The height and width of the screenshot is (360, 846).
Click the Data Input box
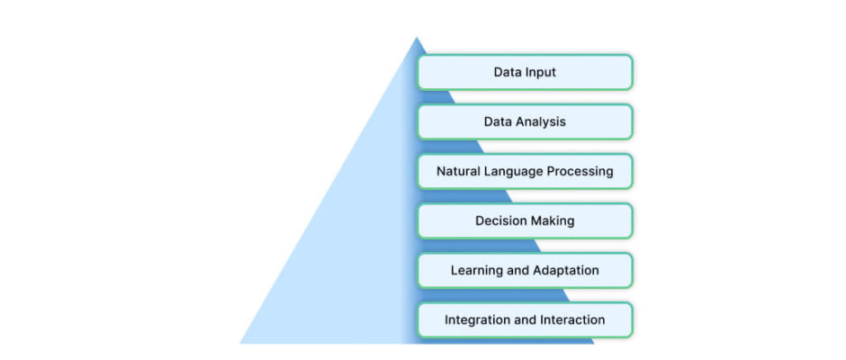tap(525, 72)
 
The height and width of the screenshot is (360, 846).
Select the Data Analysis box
tap(525, 122)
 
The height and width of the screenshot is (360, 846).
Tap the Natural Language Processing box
tap(525, 172)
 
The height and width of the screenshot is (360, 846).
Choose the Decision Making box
tap(525, 220)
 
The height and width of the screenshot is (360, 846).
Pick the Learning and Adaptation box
tap(525, 270)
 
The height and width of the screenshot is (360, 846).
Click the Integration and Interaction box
tap(525, 320)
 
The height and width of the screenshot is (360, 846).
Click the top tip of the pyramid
tap(417, 37)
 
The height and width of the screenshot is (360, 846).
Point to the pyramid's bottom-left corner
tap(240, 343)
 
